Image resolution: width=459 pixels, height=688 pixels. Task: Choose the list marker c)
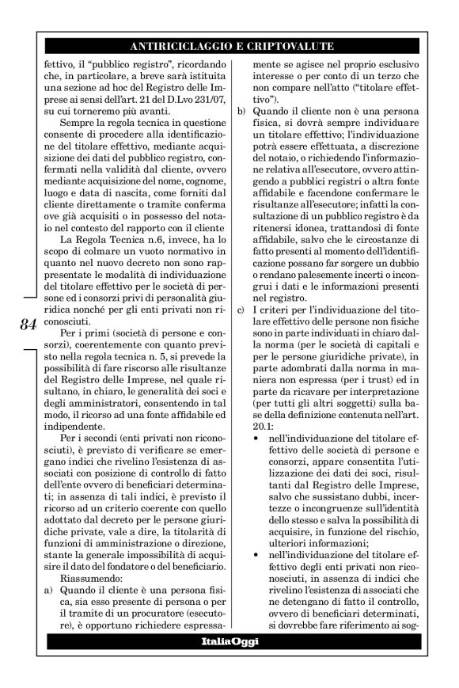click(241, 318)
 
